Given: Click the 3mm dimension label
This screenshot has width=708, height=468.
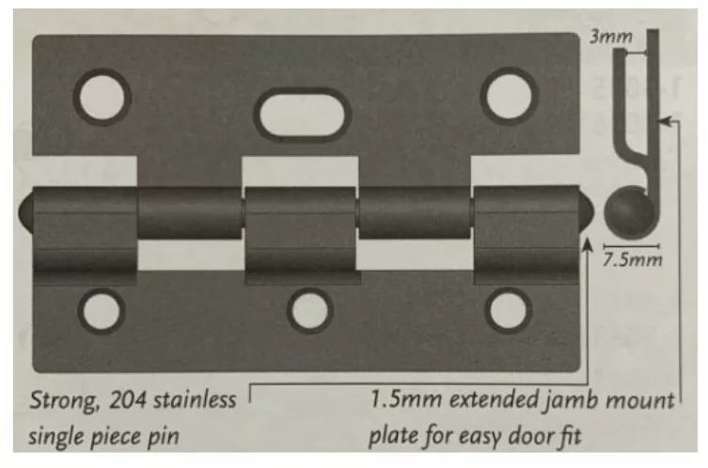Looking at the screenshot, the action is click(611, 37).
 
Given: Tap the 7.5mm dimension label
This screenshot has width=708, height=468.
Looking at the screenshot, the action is click(633, 259).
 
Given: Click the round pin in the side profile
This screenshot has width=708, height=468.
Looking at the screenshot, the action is click(628, 211).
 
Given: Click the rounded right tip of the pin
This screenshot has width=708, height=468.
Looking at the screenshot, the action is click(587, 212).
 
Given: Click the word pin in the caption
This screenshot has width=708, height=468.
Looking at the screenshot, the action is click(164, 436).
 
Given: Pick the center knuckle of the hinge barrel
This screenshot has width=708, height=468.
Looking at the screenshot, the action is click(301, 235).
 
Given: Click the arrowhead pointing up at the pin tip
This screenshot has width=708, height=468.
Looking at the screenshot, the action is click(587, 244).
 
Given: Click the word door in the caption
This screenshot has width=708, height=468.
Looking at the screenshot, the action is click(529, 436).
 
